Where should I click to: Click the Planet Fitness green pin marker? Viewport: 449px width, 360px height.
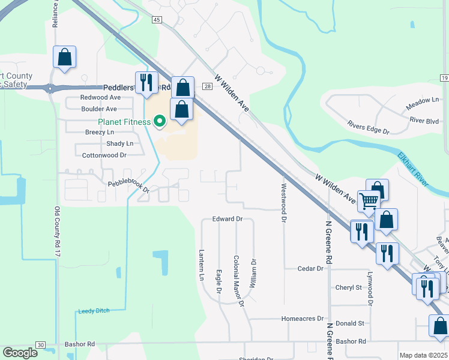[160, 122]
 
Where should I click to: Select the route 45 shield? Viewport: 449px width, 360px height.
[157, 20]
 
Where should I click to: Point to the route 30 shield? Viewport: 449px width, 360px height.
[40, 344]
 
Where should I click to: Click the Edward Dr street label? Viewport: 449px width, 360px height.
[227, 220]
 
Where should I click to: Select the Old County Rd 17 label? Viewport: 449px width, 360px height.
[58, 233]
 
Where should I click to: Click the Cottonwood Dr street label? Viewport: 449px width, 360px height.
[104, 155]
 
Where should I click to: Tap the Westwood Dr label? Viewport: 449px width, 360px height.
[283, 203]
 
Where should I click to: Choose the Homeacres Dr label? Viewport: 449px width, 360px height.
[303, 319]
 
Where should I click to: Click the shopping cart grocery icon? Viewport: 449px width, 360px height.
[368, 200]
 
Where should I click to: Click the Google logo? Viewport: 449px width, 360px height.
[20, 353]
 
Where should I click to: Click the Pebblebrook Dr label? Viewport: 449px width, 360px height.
[128, 186]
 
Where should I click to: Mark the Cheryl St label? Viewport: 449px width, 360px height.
[349, 287]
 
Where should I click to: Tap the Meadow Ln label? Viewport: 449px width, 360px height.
[423, 103]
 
